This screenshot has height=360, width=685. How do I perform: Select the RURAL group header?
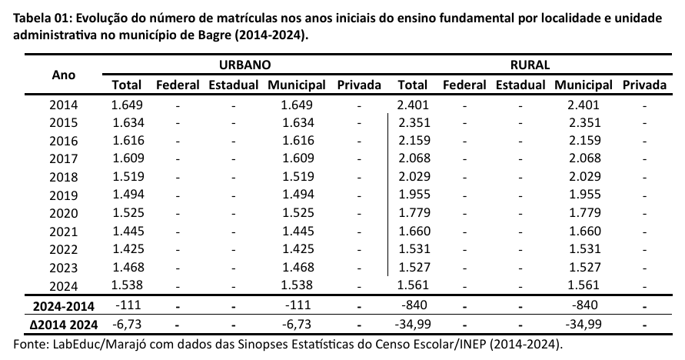pyautogui.click(x=529, y=66)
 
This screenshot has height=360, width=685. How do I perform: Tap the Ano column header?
pyautogui.click(x=63, y=75)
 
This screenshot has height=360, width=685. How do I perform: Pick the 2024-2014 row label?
pyautogui.click(x=63, y=305)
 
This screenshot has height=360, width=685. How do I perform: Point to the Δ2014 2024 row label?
pyautogui.click(x=63, y=324)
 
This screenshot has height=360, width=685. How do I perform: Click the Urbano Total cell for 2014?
pyautogui.click(x=127, y=105)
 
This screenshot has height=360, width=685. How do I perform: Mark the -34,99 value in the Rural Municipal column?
pyautogui.click(x=584, y=324)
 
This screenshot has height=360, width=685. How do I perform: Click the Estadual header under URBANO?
pyautogui.click(x=233, y=85)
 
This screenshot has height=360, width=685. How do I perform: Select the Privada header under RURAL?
pyautogui.click(x=645, y=85)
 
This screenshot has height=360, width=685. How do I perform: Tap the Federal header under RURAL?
pyautogui.click(x=464, y=85)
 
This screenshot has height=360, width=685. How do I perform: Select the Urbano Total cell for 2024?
pyautogui.click(x=127, y=284)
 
